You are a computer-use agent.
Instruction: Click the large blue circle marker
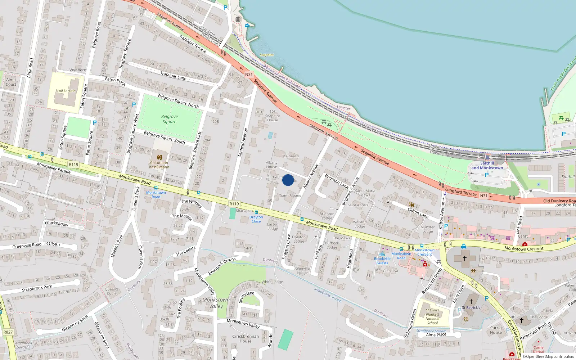[288, 180]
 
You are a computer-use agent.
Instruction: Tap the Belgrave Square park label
[169, 119]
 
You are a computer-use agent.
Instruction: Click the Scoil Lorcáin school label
[66, 91]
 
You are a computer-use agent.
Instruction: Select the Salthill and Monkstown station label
[487, 166]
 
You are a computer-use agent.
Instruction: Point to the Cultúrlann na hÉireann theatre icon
[159, 157]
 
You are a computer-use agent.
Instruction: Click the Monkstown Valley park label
[216, 303]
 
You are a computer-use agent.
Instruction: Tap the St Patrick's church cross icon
[471, 302]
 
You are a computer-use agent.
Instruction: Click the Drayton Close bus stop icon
[256, 212]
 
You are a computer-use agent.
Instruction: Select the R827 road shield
[8, 332]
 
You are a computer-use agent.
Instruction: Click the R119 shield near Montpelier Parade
[73, 165]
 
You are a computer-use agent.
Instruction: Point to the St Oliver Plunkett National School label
[432, 316]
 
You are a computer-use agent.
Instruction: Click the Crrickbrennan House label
[246, 339]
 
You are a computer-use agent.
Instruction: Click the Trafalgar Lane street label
[173, 76]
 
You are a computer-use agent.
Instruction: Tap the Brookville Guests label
[382, 261]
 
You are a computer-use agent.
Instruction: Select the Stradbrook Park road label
[37, 288]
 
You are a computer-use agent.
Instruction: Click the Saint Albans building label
[290, 195]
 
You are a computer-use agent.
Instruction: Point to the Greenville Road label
[27, 246]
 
